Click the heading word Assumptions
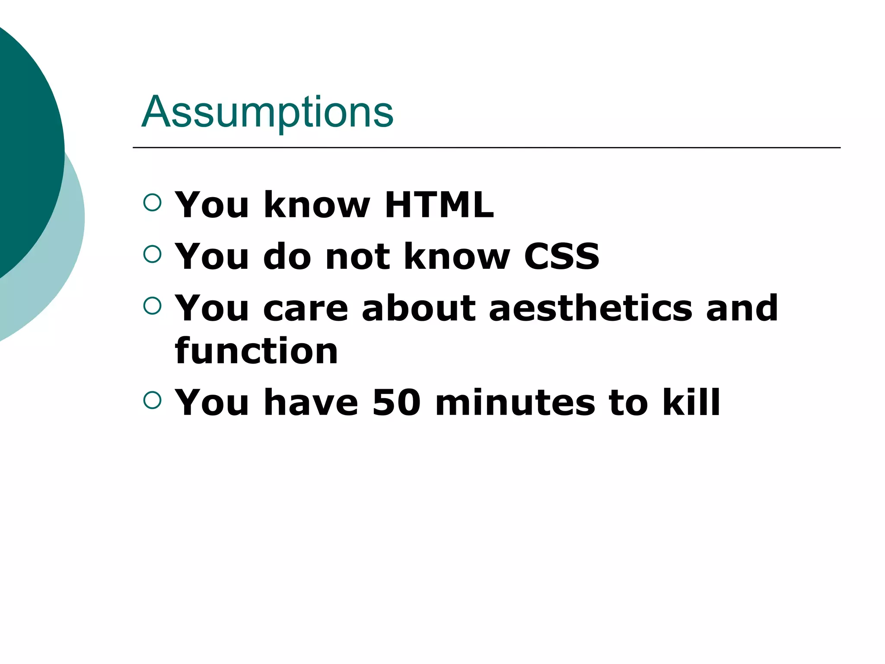tap(267, 112)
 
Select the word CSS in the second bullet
tap(561, 256)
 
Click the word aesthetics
tap(590, 308)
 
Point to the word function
tap(256, 351)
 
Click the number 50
tap(396, 402)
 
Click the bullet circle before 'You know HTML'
tap(152, 202)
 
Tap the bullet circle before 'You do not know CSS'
tap(152, 254)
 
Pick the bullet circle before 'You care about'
tap(152, 306)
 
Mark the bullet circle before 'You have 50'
tap(152, 400)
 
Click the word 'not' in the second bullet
tap(358, 256)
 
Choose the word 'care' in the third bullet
tap(305, 309)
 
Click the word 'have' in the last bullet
tap(311, 402)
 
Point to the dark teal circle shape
tap(26, 143)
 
